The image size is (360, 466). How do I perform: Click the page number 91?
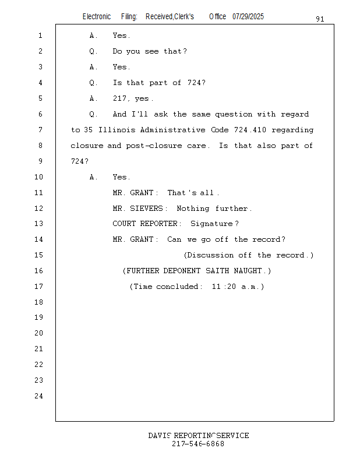point(320,19)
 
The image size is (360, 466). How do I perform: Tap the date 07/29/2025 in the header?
point(248,16)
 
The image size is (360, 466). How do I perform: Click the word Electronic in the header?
point(97,16)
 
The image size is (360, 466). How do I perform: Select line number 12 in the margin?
point(38,209)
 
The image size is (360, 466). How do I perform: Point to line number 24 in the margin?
point(38,396)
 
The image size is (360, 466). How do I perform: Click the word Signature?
point(211,224)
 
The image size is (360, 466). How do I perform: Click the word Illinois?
point(117,130)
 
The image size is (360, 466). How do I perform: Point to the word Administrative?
point(172,130)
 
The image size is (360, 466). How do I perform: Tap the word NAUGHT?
point(248,271)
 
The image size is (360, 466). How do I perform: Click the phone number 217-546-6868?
point(198,444)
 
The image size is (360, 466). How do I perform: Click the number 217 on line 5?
point(119,98)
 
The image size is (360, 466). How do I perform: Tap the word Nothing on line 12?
point(193,209)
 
